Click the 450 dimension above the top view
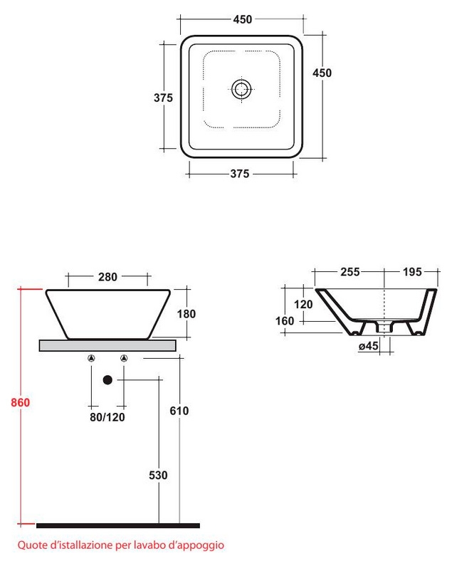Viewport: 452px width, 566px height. [242, 19]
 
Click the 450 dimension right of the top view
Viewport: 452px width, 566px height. [322, 73]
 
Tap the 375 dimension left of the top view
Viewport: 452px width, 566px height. [163, 98]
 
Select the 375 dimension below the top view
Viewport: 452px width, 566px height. [240, 174]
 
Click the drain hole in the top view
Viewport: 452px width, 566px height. [241, 89]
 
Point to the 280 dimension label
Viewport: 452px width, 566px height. [107, 277]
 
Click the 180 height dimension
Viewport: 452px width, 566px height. [186, 314]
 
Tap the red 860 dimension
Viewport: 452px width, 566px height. [20, 402]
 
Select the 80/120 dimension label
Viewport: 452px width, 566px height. [107, 417]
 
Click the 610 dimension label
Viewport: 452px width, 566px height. [179, 411]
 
